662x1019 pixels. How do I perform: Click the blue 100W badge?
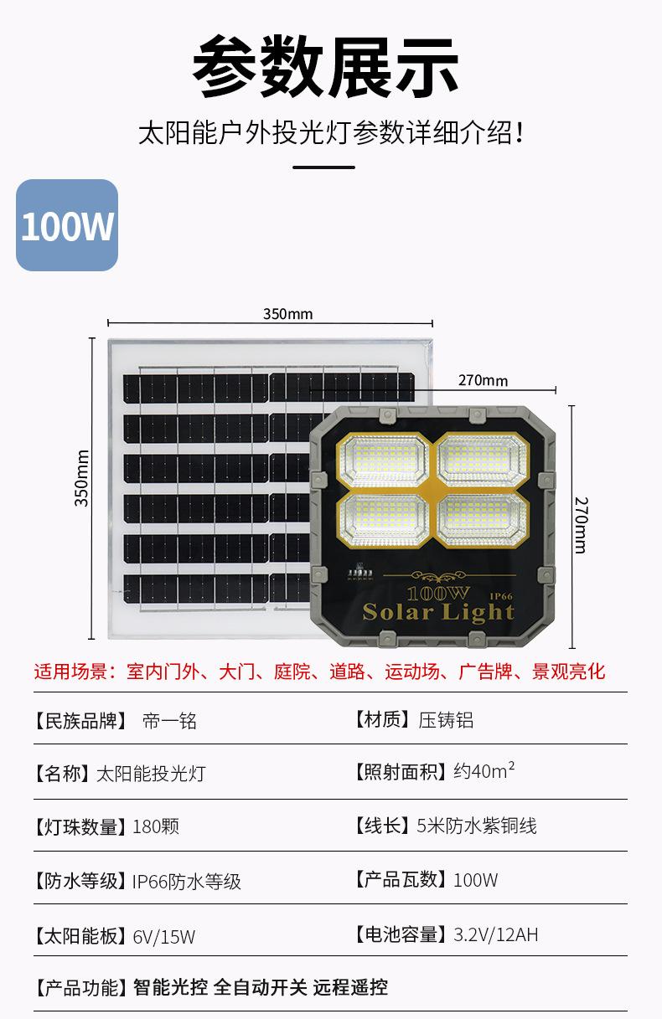67,225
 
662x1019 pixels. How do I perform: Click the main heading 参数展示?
326,68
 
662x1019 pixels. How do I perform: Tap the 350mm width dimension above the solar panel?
287,314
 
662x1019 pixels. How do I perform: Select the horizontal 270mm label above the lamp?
483,381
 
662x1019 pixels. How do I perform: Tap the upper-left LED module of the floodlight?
382,461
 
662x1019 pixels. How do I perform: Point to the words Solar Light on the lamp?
438,612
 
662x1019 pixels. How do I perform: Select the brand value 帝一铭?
170,721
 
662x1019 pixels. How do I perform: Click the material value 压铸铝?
446,720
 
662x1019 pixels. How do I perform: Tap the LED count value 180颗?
156,827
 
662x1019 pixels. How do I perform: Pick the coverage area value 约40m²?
484,771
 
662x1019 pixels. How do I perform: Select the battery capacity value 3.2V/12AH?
496,934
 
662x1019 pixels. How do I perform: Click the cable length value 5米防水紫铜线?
477,826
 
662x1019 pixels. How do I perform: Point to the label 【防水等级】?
80,881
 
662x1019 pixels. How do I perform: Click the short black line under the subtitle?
324,167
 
